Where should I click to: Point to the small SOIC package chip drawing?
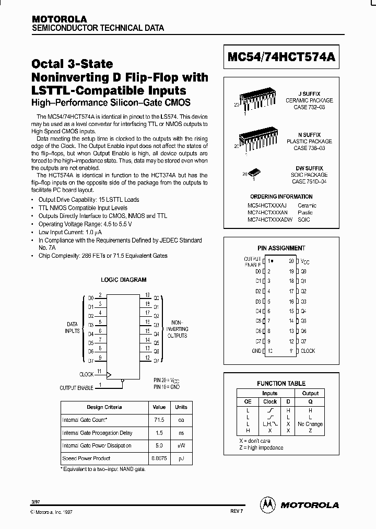(254, 172)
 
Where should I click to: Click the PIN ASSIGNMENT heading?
(281, 248)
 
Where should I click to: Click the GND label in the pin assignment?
(256, 351)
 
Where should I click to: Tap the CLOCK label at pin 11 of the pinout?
(308, 351)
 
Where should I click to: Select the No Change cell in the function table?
(310, 424)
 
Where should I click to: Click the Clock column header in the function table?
(270, 402)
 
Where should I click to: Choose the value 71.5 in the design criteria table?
(159, 420)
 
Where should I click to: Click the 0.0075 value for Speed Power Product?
(159, 458)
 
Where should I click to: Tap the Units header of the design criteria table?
(181, 407)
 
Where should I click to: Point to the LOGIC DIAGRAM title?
(123, 280)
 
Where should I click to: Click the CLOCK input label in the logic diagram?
(86, 374)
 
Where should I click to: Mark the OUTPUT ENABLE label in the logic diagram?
(76, 388)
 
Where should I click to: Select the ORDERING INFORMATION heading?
(281, 197)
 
